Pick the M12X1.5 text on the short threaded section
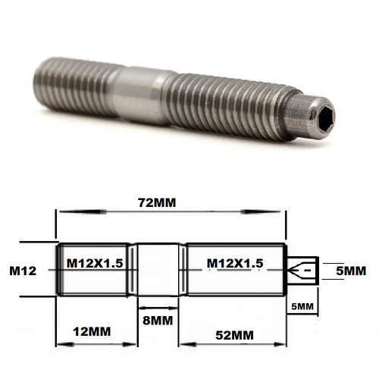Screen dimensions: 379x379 click(96, 263)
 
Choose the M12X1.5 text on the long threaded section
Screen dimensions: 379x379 click(236, 263)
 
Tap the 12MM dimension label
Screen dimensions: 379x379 click(89, 332)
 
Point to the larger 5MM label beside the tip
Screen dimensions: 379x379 click(350, 271)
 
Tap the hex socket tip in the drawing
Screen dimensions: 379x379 click(302, 271)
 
